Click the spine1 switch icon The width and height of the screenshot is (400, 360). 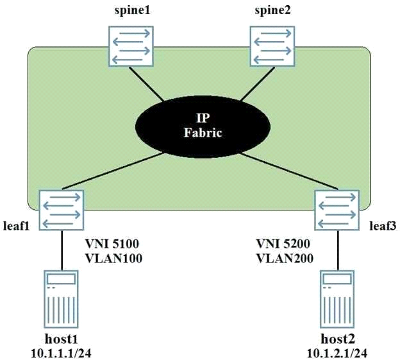tap(131, 46)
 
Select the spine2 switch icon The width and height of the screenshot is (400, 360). tap(272, 46)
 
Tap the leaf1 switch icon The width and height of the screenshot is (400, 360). tap(62, 210)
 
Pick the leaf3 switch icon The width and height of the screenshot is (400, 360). tap(337, 210)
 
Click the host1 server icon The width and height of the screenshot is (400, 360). tap(61, 299)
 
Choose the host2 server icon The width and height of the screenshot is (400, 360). tap(337, 299)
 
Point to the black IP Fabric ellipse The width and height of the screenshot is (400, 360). tap(203, 126)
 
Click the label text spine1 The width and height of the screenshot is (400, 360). tap(132, 11)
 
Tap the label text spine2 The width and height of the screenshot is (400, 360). tap(272, 11)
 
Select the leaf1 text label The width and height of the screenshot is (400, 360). tap(16, 226)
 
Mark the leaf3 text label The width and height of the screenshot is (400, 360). tap(383, 226)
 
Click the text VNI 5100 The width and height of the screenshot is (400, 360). tap(112, 244)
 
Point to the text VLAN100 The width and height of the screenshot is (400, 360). tap(113, 259)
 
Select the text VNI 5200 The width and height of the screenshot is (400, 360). tap(283, 244)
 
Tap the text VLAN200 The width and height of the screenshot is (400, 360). tap(285, 259)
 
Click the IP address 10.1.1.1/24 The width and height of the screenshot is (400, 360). tap(61, 354)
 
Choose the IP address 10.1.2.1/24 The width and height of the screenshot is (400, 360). tap(337, 354)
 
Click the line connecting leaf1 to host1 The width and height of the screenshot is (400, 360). tap(62, 250)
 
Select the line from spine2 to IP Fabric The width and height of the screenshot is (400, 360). tap(258, 84)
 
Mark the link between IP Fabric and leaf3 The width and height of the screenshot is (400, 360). tap(289, 171)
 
